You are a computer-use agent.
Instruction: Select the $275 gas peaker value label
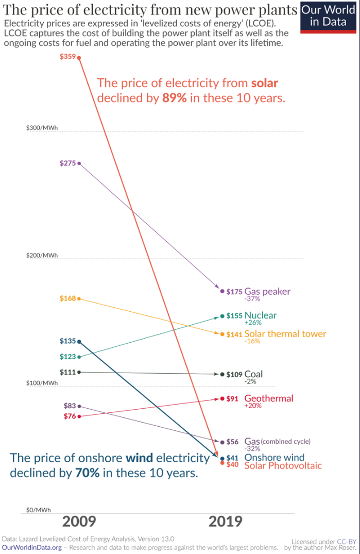[67, 163]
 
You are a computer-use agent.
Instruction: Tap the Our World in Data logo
[328, 16]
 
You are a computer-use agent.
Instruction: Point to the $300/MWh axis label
[42, 128]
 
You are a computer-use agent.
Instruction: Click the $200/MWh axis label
[42, 256]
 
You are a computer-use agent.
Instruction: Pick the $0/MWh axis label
[39, 510]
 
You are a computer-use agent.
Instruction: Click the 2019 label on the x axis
[225, 522]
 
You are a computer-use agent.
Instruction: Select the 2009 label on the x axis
[79, 522]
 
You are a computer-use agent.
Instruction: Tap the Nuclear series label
[260, 315]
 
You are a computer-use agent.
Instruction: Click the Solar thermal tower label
[285, 334]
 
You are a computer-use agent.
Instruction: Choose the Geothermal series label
[268, 398]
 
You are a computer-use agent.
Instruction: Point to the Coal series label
[253, 374]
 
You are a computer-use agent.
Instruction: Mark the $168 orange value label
[67, 298]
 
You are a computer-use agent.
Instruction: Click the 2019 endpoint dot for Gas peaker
[222, 291]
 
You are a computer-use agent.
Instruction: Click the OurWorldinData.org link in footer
[32, 547]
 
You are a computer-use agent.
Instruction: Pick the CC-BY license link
[347, 542]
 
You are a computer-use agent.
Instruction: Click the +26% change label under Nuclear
[253, 323]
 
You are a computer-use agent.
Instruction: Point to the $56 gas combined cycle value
[233, 442]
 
